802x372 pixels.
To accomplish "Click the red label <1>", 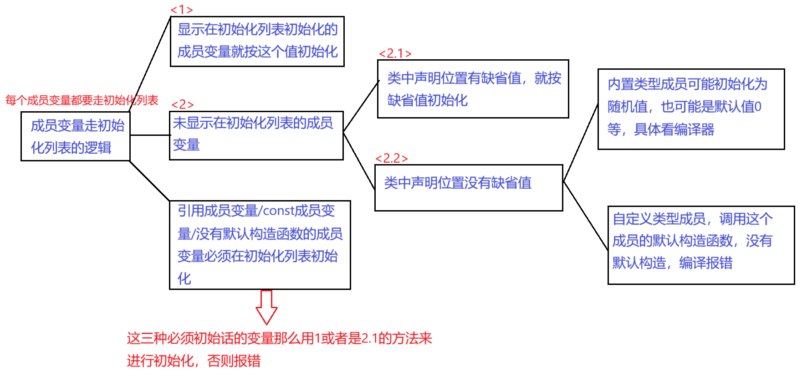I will tap(182, 10).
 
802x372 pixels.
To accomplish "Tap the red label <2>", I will tap(183, 104).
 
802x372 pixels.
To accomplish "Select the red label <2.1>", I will tap(395, 54).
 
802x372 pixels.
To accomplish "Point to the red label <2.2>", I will tap(392, 158).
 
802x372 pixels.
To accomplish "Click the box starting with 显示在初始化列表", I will tap(257, 41).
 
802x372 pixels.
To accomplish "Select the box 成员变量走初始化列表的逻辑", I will tap(76, 136).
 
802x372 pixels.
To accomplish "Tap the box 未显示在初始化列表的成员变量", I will tap(256, 134).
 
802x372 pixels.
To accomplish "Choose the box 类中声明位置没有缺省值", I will tap(468, 187).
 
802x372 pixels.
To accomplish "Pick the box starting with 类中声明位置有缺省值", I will tap(473, 89).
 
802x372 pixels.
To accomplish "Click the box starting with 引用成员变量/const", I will tap(260, 245).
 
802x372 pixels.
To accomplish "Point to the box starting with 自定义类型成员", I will tap(700, 245).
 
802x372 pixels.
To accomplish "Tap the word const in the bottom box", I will tap(279, 211).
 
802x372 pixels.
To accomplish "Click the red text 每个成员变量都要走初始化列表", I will tap(82, 100).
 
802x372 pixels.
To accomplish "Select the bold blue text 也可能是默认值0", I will tap(710, 107).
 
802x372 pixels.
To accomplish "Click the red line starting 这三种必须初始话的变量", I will tap(279, 339).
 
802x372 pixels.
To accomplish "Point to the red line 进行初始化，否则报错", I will tap(194, 361).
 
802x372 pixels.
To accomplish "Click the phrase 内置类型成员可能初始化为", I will tap(687, 84).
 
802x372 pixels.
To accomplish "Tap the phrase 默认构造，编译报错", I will tap(672, 263).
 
